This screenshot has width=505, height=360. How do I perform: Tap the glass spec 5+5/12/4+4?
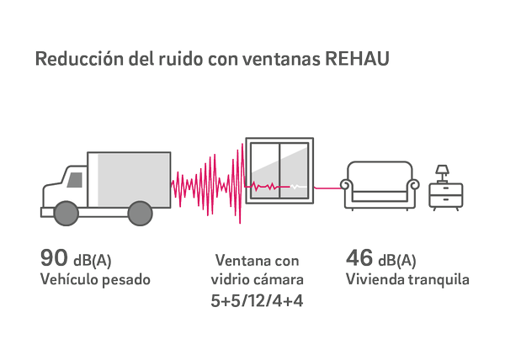[x=257, y=299]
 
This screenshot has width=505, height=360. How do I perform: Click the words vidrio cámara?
[x=257, y=279]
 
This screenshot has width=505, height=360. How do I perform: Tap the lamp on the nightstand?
[x=440, y=174]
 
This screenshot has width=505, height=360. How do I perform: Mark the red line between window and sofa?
[x=327, y=187]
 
